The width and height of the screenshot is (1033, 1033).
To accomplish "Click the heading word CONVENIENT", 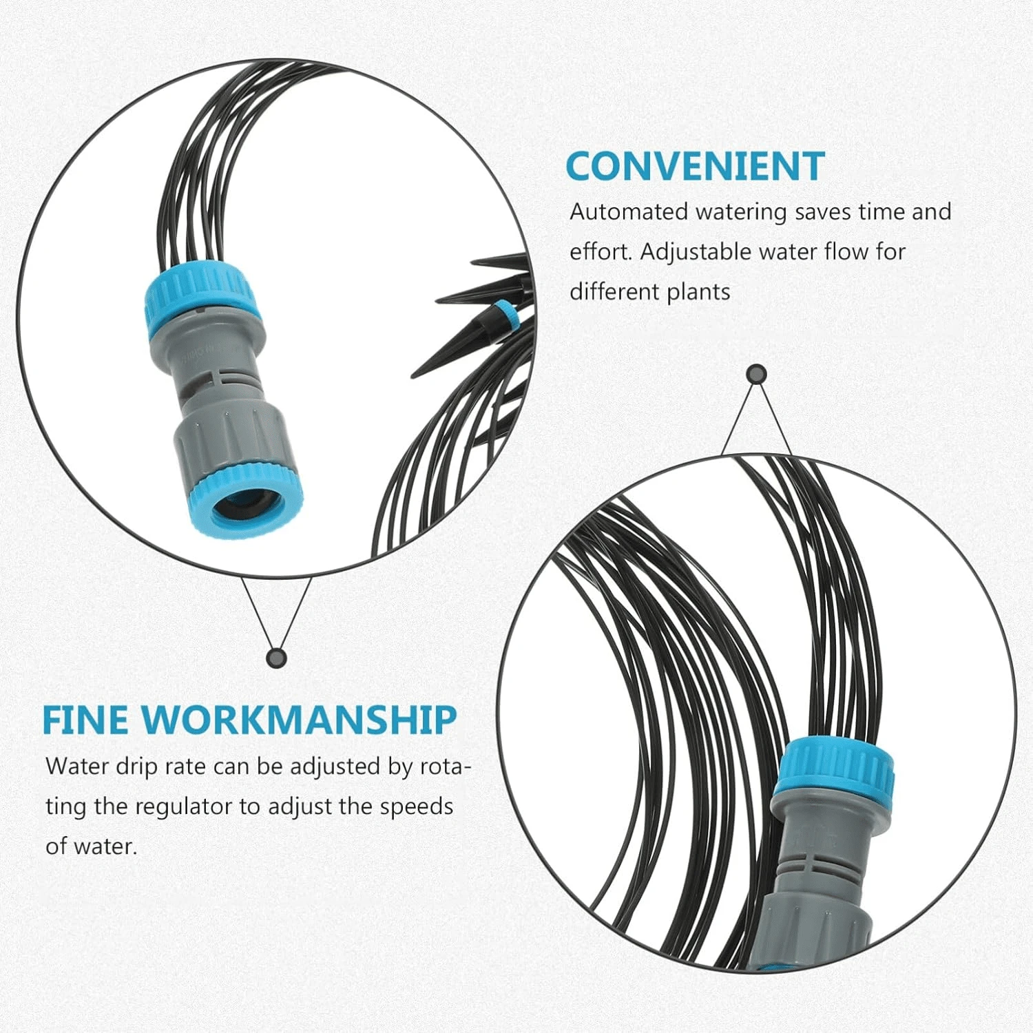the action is [x=695, y=166].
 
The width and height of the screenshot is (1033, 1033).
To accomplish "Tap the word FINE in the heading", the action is [x=85, y=720].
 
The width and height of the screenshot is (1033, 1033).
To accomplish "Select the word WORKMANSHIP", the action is [x=299, y=720].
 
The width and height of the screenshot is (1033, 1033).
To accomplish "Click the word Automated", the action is [x=629, y=211].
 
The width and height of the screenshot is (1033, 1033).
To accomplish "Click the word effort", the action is [x=600, y=252].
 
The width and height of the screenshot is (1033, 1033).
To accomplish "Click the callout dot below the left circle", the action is [x=276, y=658].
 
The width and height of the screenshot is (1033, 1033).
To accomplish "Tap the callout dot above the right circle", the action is [x=757, y=375].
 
